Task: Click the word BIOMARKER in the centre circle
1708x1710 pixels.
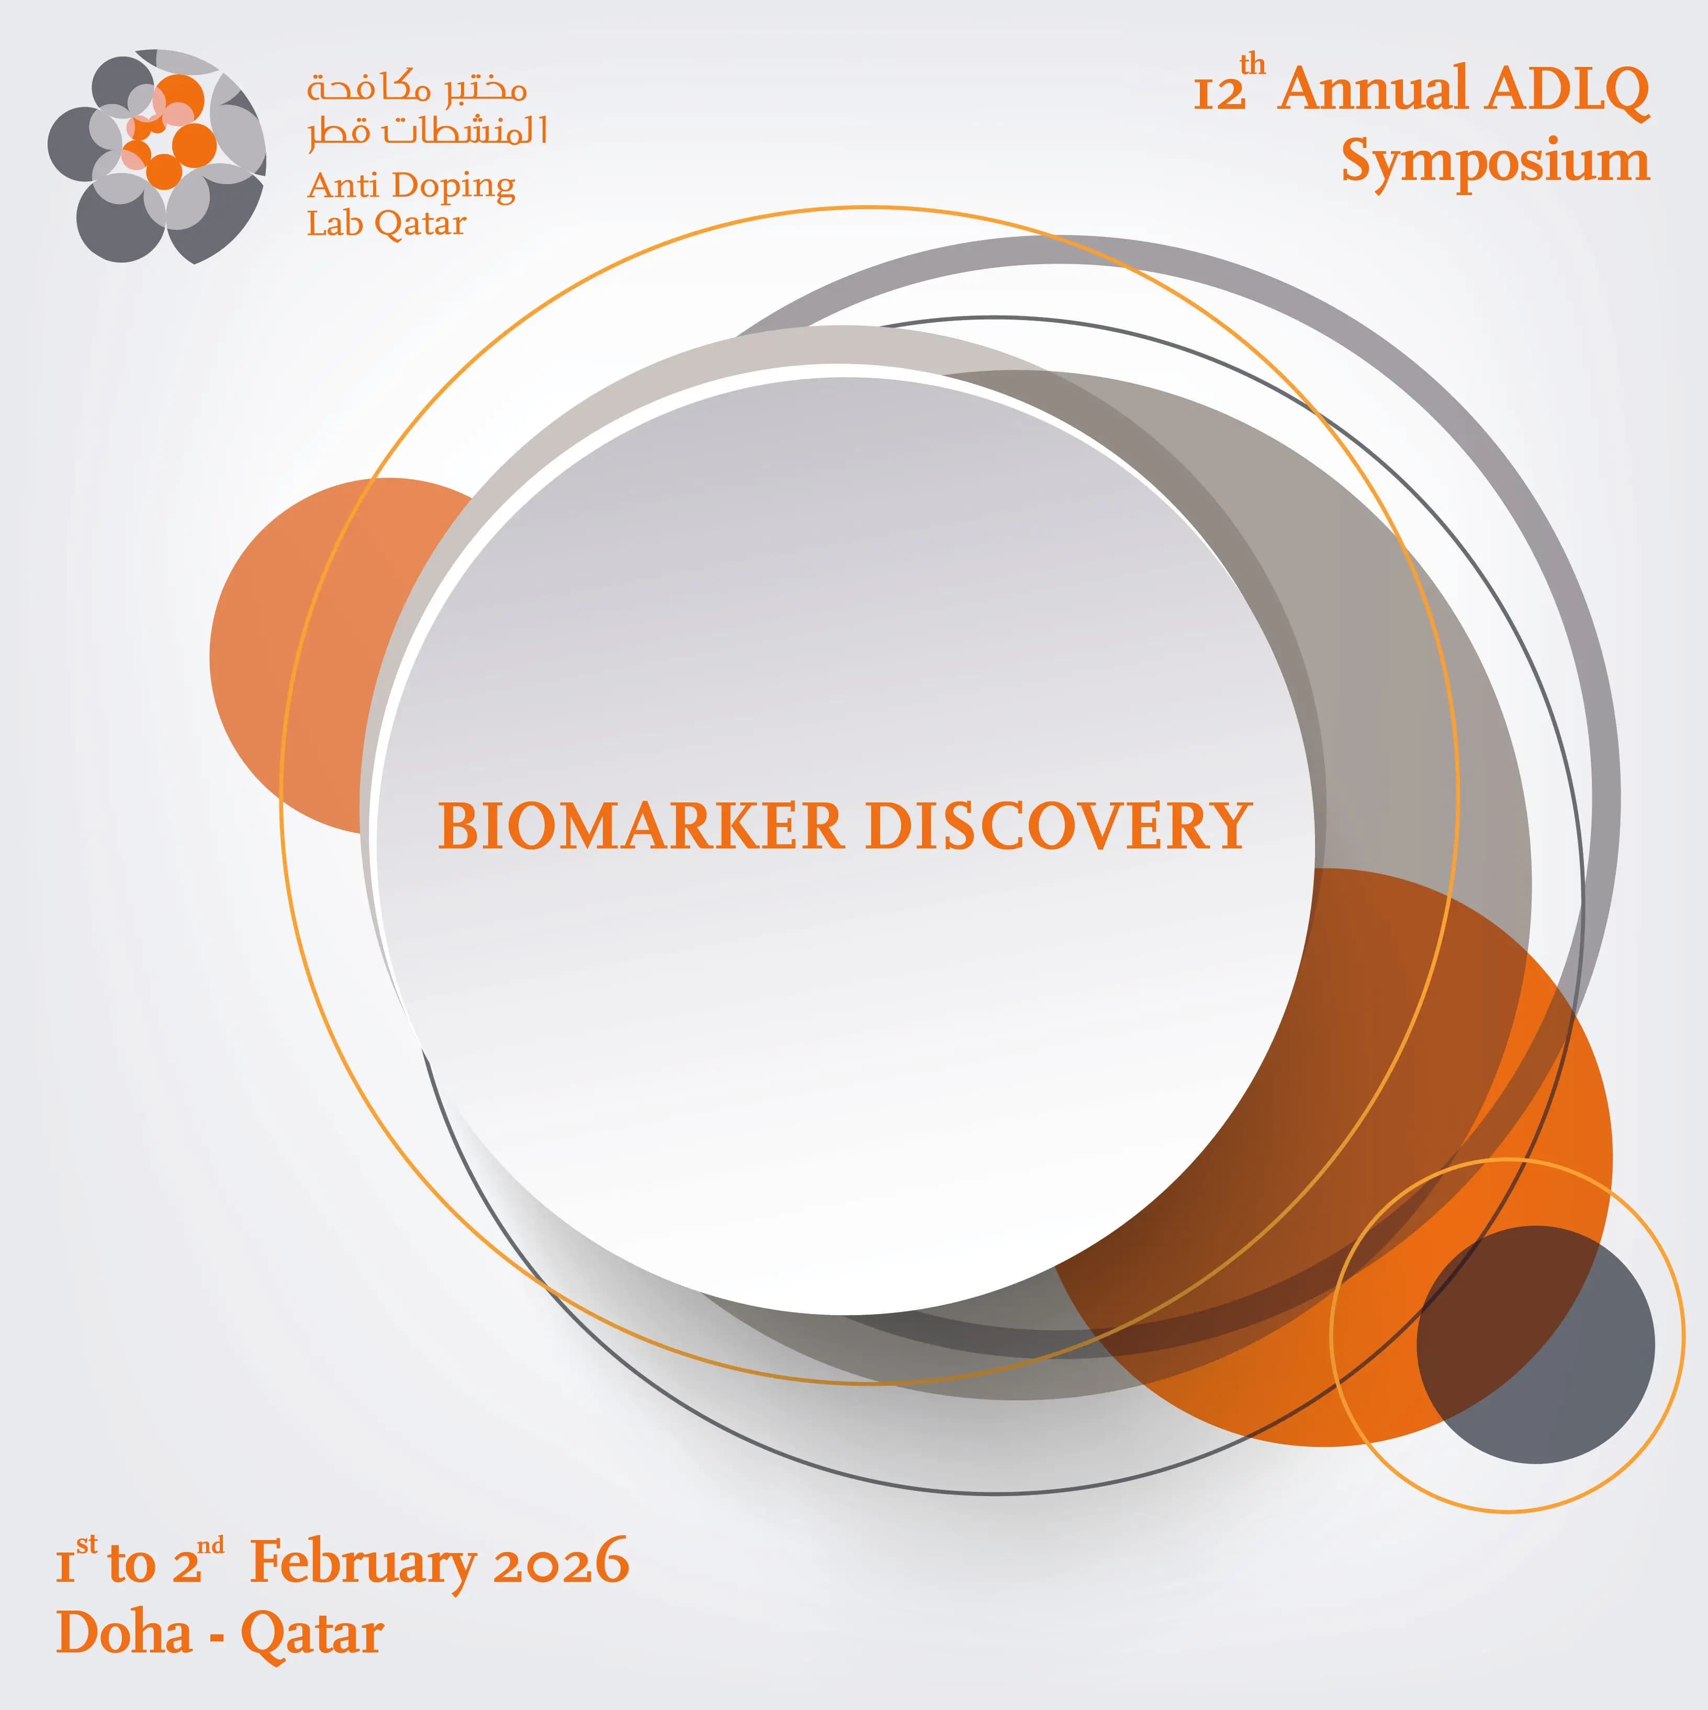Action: (640, 826)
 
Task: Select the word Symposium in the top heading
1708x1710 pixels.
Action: (1496, 162)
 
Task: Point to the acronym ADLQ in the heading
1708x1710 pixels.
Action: (1568, 91)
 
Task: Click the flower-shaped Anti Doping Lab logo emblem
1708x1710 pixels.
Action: (156, 156)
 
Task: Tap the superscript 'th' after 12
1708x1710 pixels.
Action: (1253, 65)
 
